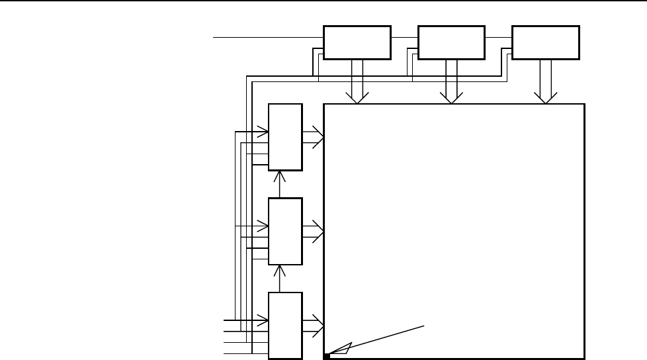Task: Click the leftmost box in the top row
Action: click(357, 43)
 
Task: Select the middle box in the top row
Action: click(452, 43)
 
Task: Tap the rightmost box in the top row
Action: click(546, 43)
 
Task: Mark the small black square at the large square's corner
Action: click(327, 356)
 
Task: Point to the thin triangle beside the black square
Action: click(341, 349)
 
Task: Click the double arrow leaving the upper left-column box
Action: click(313, 137)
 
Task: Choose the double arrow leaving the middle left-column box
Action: click(313, 231)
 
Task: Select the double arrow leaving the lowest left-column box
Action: click(313, 324)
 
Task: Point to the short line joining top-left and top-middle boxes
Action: click(404, 38)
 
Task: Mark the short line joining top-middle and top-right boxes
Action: click(499, 38)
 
